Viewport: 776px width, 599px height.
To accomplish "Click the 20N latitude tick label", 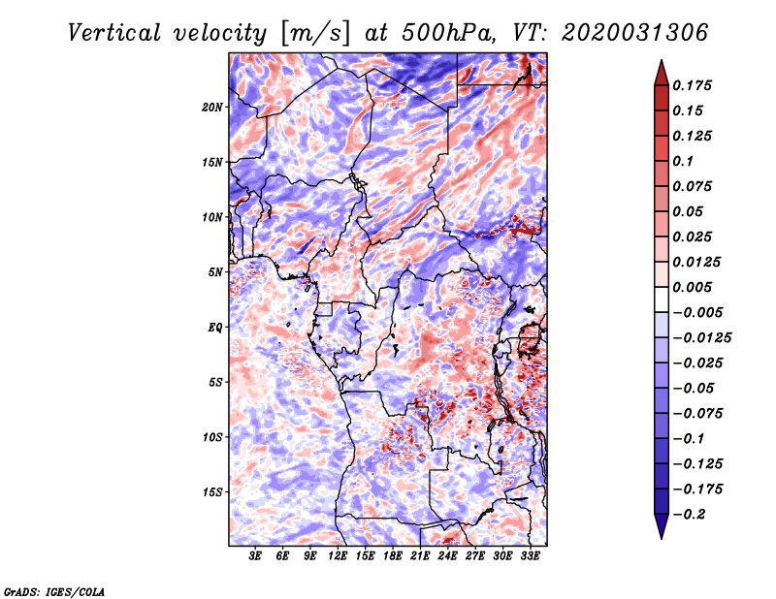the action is tap(212, 108).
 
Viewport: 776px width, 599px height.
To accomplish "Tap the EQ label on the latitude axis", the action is tap(214, 328).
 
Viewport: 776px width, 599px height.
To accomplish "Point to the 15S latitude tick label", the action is tap(212, 492).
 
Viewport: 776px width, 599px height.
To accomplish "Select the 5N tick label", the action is tap(215, 272).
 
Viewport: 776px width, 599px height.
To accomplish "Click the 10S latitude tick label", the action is tap(212, 437).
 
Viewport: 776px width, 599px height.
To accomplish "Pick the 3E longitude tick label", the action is tap(255, 556).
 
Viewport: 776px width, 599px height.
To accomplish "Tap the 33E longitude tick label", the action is tap(530, 556).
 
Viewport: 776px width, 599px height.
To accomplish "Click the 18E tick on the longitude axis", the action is tap(393, 556).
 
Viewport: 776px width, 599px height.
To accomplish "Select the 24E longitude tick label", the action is tap(447, 556).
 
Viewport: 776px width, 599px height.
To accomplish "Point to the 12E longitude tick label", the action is tap(338, 556).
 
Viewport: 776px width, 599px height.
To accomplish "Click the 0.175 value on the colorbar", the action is tap(692, 85).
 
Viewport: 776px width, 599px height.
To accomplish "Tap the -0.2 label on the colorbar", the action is tap(689, 515).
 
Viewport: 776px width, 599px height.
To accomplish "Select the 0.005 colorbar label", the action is tap(692, 287).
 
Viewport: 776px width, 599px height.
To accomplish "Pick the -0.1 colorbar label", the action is tap(689, 439).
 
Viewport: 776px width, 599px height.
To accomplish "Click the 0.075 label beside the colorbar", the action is tap(692, 186).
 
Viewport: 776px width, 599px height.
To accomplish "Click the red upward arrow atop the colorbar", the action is tap(662, 74).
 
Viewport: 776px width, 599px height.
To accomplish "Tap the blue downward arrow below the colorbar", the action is tap(662, 525).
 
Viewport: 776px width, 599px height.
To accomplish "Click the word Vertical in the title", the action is tap(114, 33).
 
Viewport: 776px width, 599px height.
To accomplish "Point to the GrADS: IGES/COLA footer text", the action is tap(54, 591).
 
